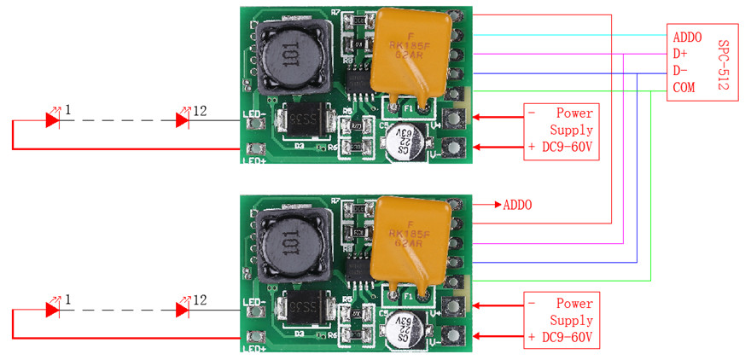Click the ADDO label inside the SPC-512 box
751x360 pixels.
(688, 38)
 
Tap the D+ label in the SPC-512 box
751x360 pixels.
(680, 54)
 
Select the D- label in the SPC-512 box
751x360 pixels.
(680, 70)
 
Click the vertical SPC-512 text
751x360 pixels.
(725, 61)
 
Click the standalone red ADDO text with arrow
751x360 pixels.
(517, 205)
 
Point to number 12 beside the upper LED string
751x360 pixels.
(201, 111)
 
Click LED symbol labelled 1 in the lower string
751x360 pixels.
(52, 310)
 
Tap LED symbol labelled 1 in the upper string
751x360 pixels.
(52, 120)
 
